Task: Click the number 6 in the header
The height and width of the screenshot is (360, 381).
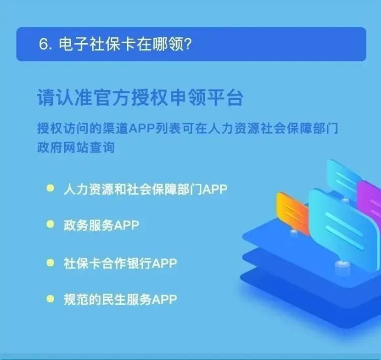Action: pyautogui.click(x=44, y=44)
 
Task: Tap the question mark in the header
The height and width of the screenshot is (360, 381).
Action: pyautogui.click(x=188, y=44)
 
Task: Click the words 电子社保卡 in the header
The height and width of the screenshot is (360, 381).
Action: pyautogui.click(x=98, y=44)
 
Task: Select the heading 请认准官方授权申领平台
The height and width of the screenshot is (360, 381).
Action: pyautogui.click(x=140, y=98)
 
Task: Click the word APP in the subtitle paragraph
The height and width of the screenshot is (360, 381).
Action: pyautogui.click(x=142, y=128)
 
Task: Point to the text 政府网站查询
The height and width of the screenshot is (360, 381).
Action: pyautogui.click(x=76, y=148)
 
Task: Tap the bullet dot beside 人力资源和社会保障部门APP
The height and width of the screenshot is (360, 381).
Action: pyautogui.click(x=51, y=189)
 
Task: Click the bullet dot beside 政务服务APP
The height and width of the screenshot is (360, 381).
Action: pyautogui.click(x=51, y=224)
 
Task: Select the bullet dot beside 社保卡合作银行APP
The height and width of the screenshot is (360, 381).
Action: pyautogui.click(x=51, y=262)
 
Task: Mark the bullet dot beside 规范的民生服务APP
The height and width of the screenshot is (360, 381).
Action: pyautogui.click(x=51, y=299)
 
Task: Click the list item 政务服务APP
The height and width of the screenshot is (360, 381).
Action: pyautogui.click(x=101, y=225)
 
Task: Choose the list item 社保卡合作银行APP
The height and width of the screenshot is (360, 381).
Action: pyautogui.click(x=120, y=263)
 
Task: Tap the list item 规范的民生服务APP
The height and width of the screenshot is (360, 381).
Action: pyautogui.click(x=120, y=299)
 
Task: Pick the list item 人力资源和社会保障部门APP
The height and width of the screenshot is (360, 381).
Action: pyautogui.click(x=145, y=190)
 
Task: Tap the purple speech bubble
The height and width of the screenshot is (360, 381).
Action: pyautogui.click(x=369, y=202)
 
